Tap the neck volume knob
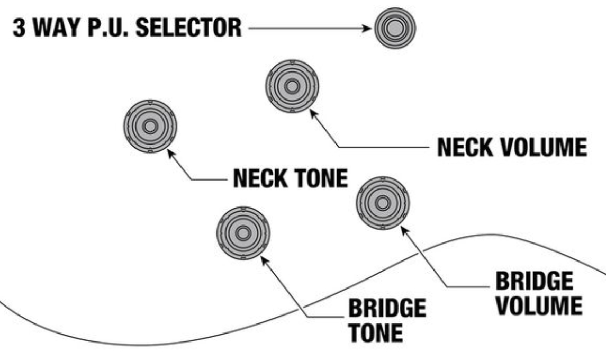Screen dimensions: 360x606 pos(291,86)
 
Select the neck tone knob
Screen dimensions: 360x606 pos(150,126)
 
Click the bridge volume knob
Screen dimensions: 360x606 pos(382,203)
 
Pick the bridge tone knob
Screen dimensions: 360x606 pos(243,233)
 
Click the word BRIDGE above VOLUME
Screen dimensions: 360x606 pos(533,282)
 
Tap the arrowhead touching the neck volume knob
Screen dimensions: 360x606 pos(313,113)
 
